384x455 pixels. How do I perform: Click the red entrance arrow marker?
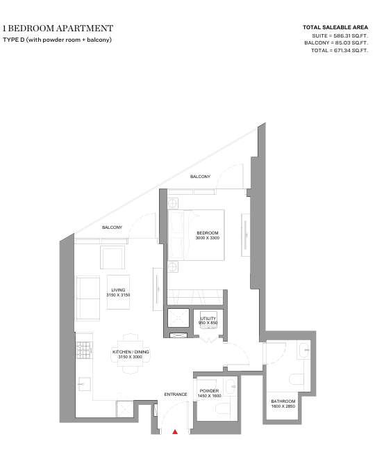pyautogui.click(x=175, y=432)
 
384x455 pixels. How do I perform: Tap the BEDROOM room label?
pyautogui.click(x=208, y=233)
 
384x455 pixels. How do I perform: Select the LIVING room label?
pyautogui.click(x=118, y=290)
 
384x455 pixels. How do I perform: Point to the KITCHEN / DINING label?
pyautogui.click(x=131, y=352)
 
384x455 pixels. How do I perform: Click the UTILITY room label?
pyautogui.click(x=208, y=319)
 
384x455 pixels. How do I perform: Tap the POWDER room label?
pyautogui.click(x=209, y=391)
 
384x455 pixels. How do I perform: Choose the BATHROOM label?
pyautogui.click(x=283, y=401)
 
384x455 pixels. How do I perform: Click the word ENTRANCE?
pyautogui.click(x=176, y=394)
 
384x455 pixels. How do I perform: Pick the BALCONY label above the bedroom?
pyautogui.click(x=200, y=177)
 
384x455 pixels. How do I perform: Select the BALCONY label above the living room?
pyautogui.click(x=112, y=227)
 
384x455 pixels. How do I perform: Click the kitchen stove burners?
pyautogui.click(x=84, y=350)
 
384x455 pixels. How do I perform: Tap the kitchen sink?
pyautogui.click(x=84, y=384)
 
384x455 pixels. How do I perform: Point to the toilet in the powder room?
pyautogui.click(x=223, y=409)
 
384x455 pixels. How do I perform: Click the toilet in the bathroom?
pyautogui.click(x=297, y=379)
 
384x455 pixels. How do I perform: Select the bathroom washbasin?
pyautogui.click(x=303, y=351)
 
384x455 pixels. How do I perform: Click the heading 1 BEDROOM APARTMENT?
pyautogui.click(x=58, y=29)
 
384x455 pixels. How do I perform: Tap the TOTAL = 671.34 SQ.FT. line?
pyautogui.click(x=340, y=51)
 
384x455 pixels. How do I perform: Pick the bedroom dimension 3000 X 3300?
pyautogui.click(x=208, y=238)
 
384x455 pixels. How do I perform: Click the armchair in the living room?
pyautogui.click(x=112, y=257)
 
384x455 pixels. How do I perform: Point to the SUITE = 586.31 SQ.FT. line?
pyautogui.click(x=340, y=36)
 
